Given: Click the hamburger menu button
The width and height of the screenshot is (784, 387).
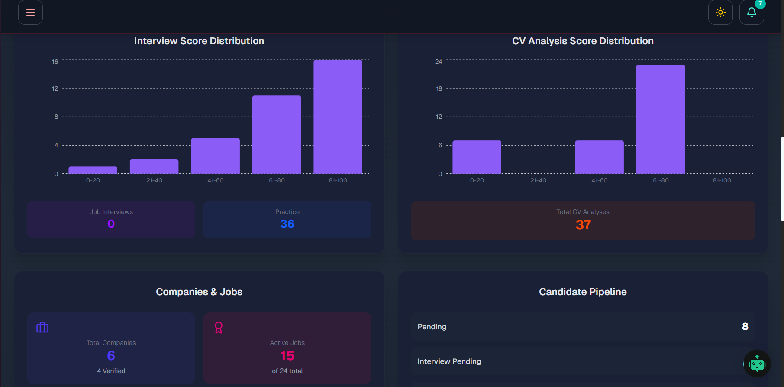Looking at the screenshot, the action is pos(30,12).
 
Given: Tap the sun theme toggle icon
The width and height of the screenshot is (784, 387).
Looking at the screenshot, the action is pos(720,12).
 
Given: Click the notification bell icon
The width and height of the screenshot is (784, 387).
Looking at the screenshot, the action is pos(752,12).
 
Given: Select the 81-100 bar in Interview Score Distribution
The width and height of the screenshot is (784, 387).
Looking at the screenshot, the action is pos(338,117).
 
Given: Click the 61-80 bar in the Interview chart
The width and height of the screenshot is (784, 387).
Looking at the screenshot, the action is pos(277,134).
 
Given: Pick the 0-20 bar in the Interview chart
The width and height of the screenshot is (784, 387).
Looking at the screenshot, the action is pos(93,170).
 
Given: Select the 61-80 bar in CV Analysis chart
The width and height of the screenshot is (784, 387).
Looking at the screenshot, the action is pos(661,119).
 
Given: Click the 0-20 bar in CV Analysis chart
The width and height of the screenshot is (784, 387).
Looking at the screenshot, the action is pos(477,157).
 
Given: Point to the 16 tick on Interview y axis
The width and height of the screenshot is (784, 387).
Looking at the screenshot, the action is pos(55,62).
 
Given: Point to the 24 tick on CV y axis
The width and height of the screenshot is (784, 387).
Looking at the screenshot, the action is pos(439,62).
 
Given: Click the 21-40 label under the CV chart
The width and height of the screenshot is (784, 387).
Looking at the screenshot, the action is pos(538,180).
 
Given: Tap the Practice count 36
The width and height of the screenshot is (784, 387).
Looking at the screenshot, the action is pos(287,224).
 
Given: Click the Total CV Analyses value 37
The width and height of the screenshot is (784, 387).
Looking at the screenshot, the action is pos(583,225).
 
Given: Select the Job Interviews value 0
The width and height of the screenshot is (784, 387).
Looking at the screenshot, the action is pos(111,224).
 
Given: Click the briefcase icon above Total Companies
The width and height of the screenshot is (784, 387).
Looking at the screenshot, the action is pos(42,327).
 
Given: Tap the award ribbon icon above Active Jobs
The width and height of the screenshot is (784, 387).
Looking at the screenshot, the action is pos(219,328).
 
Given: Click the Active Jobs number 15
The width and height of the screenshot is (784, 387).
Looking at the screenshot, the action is pos(287,356).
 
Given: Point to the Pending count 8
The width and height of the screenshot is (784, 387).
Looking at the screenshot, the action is pos(745,326).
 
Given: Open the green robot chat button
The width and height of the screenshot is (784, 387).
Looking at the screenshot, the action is pos(757,364).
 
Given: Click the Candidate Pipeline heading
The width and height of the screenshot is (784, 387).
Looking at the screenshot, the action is pos(583,292).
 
